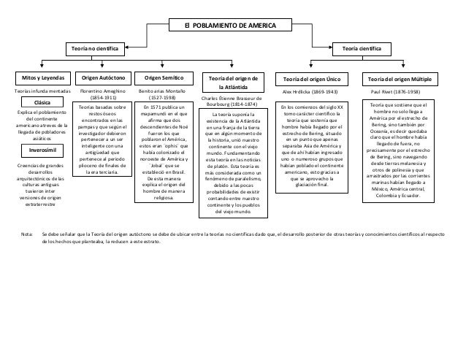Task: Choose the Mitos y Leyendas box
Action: (x=41, y=77)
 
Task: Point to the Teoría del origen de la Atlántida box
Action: (x=230, y=82)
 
